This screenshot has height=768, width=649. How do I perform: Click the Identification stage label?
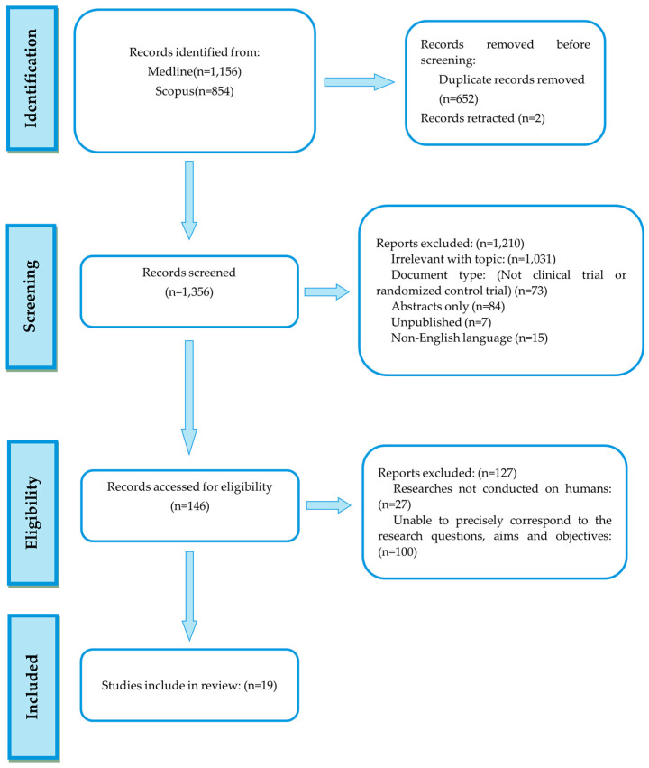click(x=31, y=79)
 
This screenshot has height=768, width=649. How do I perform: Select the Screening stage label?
click(x=30, y=296)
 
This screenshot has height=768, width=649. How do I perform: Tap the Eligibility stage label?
click(x=32, y=513)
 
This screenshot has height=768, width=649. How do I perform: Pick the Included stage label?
click(x=32, y=687)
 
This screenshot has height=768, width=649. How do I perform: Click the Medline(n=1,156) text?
click(x=194, y=71)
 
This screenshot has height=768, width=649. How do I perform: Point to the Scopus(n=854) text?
click(x=194, y=91)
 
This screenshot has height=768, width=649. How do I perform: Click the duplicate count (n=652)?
click(x=458, y=99)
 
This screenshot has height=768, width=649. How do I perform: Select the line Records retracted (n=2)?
click(x=483, y=118)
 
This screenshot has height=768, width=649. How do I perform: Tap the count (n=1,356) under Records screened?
click(x=189, y=291)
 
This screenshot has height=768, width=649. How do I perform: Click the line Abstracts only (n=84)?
click(x=448, y=307)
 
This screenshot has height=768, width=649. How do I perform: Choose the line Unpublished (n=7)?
click(x=441, y=322)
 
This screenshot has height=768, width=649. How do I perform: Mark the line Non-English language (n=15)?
click(x=470, y=338)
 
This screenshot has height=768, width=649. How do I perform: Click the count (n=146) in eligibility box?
click(x=190, y=506)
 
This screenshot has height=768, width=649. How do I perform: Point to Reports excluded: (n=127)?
click(x=447, y=473)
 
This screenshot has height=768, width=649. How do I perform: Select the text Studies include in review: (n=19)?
click(x=189, y=685)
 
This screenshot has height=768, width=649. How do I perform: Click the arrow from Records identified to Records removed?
click(x=359, y=82)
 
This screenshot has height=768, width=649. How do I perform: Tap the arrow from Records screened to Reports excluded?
click(x=326, y=291)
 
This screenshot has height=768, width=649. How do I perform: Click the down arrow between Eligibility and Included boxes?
click(x=189, y=596)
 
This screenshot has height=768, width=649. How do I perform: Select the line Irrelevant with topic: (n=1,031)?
click(x=473, y=259)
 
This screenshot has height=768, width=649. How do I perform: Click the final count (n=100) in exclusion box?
click(x=398, y=552)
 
